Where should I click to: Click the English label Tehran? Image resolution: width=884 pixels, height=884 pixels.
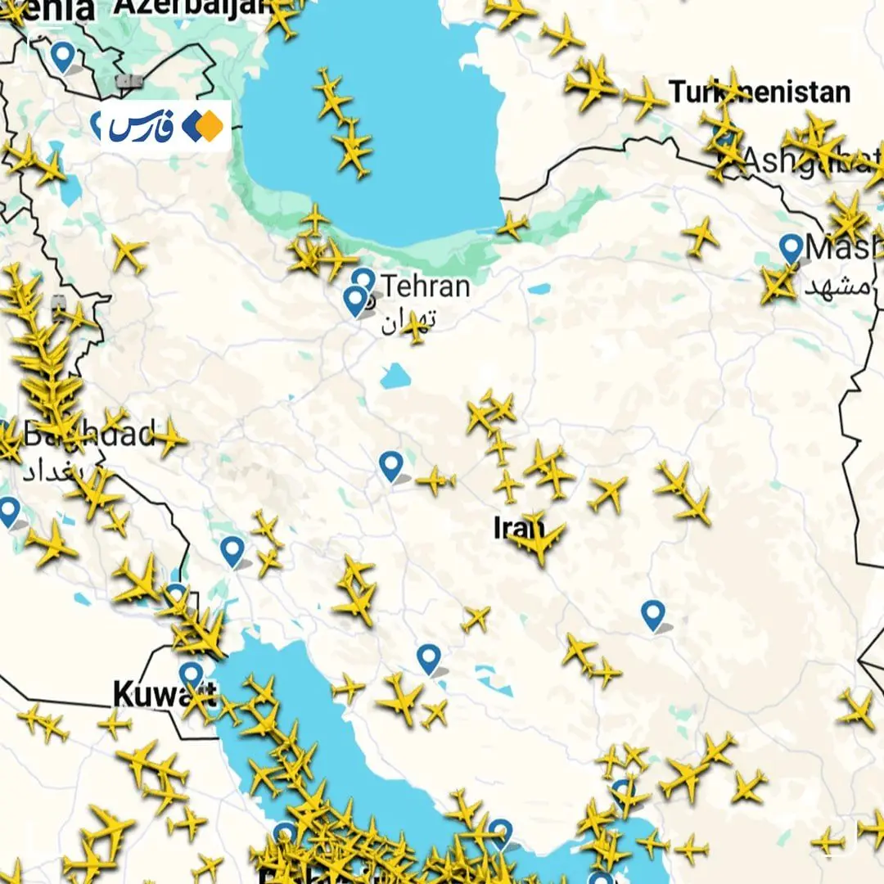(x=426, y=286)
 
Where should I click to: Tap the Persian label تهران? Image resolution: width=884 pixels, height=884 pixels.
(x=407, y=320)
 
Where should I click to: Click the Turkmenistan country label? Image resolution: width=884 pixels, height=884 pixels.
(x=760, y=92)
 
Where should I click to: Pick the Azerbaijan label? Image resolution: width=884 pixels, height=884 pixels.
(x=193, y=7)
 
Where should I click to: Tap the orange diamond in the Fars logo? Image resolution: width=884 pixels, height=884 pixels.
(x=210, y=125)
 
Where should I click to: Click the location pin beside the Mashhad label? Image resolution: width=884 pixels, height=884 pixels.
(x=791, y=247)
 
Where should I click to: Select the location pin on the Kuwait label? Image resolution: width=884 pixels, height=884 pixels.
(x=192, y=675)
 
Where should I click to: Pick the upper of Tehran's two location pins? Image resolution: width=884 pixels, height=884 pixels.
(x=364, y=281)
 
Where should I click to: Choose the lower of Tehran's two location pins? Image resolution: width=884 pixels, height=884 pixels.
(x=355, y=300)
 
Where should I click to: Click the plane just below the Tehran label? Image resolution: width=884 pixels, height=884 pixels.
(x=416, y=327)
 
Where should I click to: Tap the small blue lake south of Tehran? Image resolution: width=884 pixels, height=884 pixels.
(x=395, y=377)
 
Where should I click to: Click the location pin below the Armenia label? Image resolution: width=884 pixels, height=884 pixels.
(x=62, y=56)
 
